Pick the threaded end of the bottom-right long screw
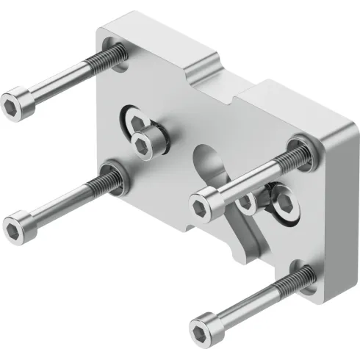point(301,276)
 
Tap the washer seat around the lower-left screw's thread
point(118,176)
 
